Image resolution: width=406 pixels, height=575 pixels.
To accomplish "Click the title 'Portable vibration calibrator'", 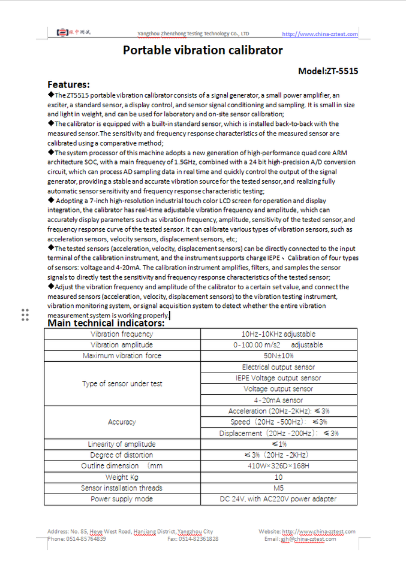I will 203,50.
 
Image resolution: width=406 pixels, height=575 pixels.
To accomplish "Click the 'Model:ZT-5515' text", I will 328,71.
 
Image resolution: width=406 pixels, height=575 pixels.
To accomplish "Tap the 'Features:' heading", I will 68,84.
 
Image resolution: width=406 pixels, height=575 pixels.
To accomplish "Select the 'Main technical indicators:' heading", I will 106,323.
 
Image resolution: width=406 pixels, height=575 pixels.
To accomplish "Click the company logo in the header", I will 74,32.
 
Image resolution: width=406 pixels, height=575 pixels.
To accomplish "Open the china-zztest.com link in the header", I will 320,34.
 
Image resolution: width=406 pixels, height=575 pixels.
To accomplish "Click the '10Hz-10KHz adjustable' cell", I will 278,334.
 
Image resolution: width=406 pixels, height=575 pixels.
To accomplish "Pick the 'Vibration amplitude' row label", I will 122,345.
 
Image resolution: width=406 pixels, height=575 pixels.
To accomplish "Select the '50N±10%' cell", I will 278,356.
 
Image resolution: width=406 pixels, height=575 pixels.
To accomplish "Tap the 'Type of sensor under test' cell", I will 122,383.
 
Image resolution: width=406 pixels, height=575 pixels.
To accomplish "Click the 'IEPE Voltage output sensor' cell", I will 278,378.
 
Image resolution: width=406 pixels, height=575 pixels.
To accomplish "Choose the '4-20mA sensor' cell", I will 278,400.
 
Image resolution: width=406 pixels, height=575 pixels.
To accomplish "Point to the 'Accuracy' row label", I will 122,422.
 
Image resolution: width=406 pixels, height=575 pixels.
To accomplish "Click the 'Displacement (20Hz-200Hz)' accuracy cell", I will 278,433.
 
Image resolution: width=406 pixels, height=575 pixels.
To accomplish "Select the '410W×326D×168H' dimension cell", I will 278,466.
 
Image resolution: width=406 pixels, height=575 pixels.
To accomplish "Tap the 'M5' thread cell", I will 278,488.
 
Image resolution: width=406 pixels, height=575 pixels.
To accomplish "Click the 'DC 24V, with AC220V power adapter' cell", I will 278,499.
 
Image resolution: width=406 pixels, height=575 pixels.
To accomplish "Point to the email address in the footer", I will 308,539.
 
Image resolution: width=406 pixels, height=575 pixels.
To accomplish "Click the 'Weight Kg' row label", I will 122,477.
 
